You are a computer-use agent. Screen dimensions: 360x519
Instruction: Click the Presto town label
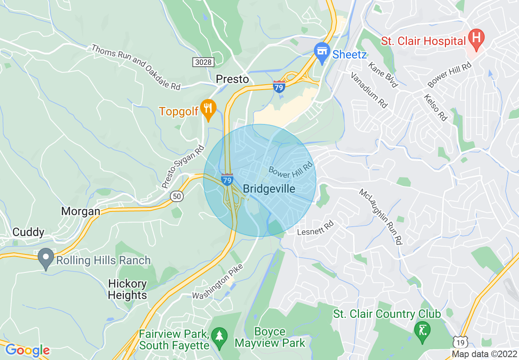point(232,79)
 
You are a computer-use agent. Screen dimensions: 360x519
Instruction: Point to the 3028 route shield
point(203,62)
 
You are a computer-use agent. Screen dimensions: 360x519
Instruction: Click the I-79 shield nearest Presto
point(279,87)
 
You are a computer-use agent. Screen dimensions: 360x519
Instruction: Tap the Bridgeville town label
point(269,189)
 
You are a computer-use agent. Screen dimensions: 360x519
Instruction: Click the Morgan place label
point(81,211)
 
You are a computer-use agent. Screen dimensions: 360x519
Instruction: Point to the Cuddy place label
point(28,232)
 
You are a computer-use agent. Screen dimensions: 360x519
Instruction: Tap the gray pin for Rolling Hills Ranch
point(46,258)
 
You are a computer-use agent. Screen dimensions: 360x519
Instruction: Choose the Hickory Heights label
point(127,289)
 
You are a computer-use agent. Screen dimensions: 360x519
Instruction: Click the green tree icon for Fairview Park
point(221,337)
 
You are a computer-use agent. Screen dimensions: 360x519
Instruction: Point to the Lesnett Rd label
point(316,228)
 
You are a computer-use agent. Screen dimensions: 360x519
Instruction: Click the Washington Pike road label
point(218,281)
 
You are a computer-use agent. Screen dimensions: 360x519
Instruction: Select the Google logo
point(27,351)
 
